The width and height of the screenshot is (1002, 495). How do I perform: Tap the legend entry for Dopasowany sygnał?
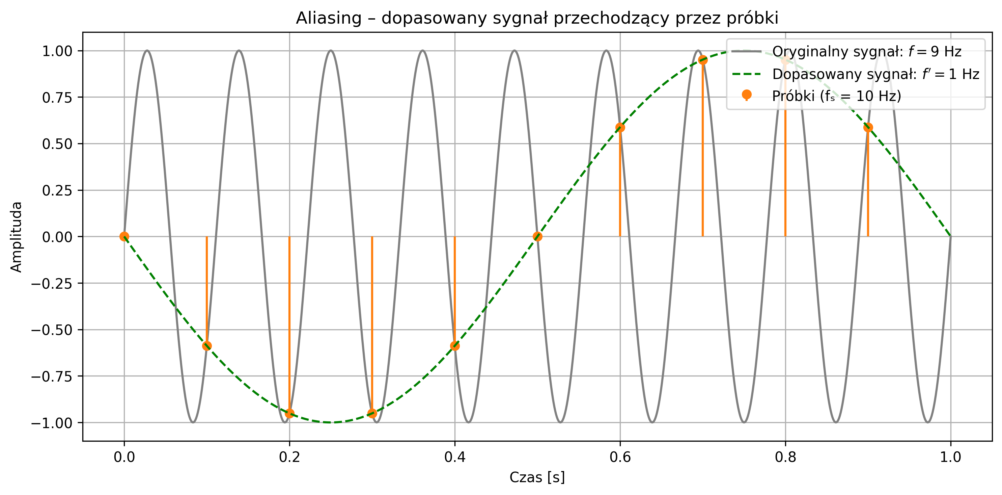point(875,74)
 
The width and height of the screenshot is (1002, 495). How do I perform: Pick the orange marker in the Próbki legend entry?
point(747,95)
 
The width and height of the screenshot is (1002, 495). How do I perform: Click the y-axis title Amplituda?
point(16,237)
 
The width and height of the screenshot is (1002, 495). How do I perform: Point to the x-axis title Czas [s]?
point(537,477)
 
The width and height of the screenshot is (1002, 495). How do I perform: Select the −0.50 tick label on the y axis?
point(52,330)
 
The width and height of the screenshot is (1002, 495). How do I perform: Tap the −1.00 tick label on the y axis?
point(52,423)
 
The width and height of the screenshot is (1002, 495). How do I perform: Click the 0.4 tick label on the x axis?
point(455,457)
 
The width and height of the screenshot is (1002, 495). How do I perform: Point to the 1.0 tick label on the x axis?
point(951,457)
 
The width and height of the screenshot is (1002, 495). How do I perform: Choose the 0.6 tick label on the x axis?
point(620,457)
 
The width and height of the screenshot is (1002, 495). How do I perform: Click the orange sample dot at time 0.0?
point(124,237)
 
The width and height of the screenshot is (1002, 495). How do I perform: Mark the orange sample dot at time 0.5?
point(537,237)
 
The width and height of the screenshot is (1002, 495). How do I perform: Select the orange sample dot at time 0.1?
point(207,345)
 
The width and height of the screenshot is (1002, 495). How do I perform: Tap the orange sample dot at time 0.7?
point(702,60)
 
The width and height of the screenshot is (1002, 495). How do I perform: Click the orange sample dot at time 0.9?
point(868,128)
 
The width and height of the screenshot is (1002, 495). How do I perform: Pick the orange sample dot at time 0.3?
point(372,413)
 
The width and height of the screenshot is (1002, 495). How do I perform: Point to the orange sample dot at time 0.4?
point(455,345)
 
